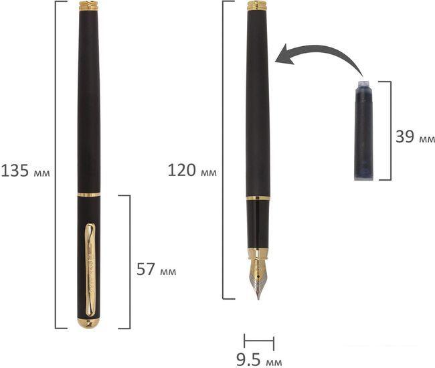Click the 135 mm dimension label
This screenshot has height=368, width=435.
coord(25,171)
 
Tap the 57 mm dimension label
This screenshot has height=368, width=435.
coord(156,269)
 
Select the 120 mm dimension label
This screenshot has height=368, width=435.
coord(192,170)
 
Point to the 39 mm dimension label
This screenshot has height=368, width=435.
coord(415,136)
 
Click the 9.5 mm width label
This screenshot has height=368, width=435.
coord(259,360)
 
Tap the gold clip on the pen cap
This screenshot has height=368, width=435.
coord(90,270)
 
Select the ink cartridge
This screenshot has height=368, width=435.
coord(363,130)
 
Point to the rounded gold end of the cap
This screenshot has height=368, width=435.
coord(88,323)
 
